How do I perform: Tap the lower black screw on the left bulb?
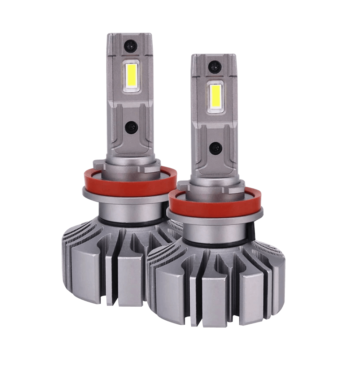(x=129, y=127)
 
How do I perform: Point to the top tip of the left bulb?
(x=129, y=35)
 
